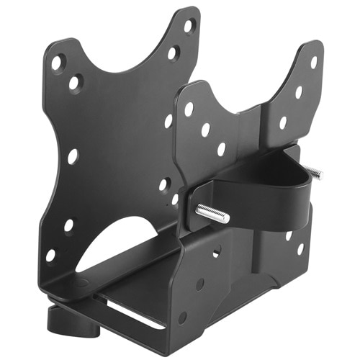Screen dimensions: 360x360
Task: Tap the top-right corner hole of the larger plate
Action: point(189,26)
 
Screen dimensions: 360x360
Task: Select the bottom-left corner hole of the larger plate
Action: point(50,255)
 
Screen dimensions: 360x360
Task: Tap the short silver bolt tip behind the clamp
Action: point(313,171)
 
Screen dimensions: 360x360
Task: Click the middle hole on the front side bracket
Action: point(199,284)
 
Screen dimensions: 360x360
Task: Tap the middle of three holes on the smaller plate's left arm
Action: point(205,130)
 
